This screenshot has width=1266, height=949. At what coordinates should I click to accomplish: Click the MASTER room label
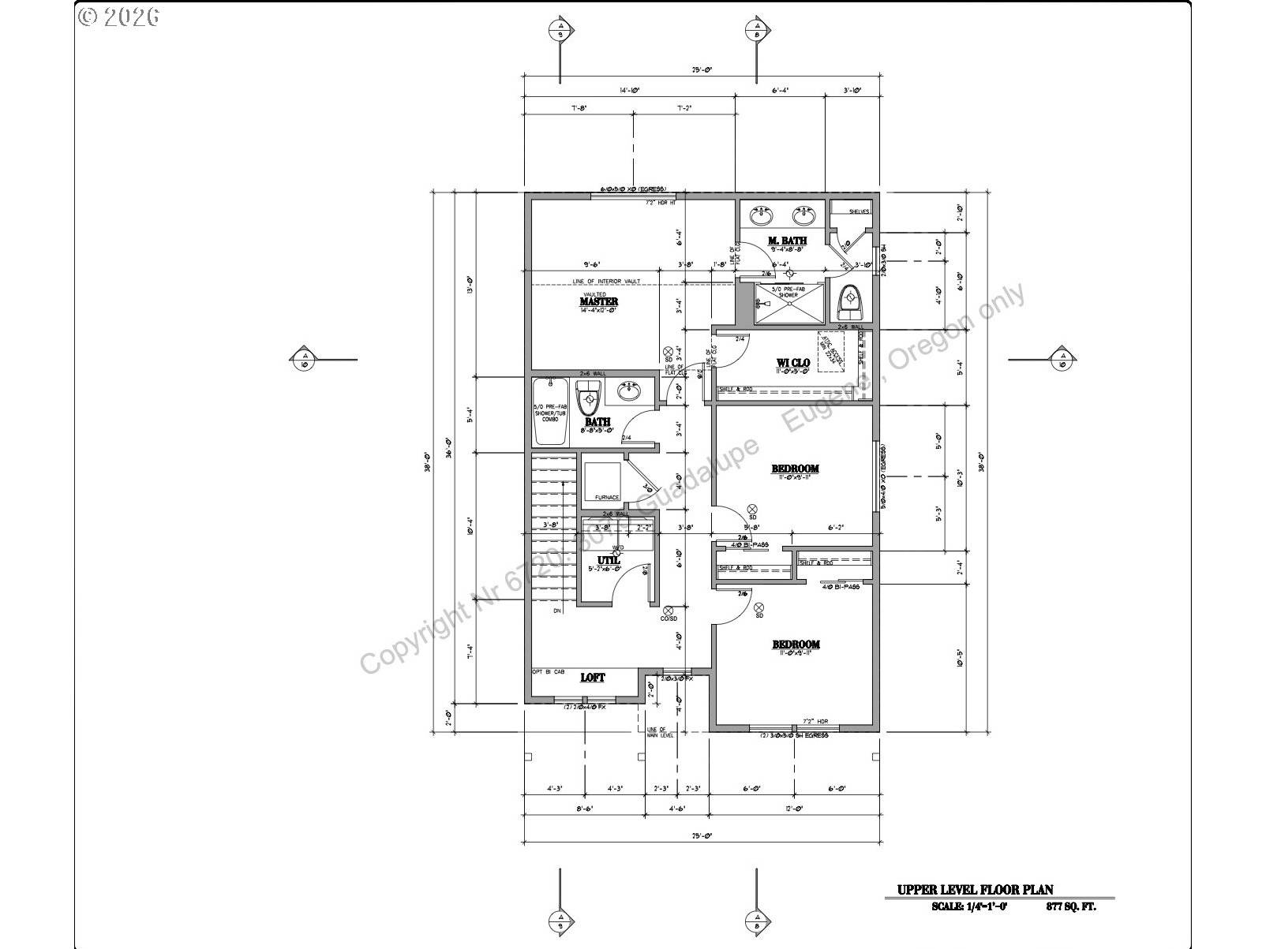click(x=599, y=301)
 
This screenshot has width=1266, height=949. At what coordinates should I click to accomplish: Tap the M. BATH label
click(x=787, y=241)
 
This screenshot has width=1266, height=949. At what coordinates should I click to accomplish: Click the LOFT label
click(x=593, y=678)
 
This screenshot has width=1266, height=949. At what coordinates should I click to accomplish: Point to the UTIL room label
click(x=608, y=560)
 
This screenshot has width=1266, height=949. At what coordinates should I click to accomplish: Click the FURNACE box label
click(x=606, y=497)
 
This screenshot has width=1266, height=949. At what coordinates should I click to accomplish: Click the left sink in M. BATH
click(x=762, y=215)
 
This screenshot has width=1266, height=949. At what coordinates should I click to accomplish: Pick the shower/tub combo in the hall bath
click(x=550, y=412)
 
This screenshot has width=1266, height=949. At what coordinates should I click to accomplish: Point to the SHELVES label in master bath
click(x=859, y=211)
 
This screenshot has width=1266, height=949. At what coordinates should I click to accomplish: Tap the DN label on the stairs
click(x=557, y=611)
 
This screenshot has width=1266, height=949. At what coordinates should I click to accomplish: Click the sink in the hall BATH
click(x=630, y=390)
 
